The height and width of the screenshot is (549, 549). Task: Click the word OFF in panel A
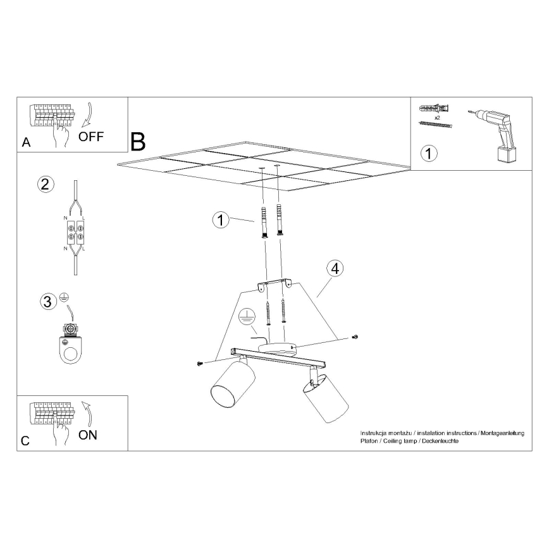tap(91, 136)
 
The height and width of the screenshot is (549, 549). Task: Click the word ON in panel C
tap(88, 435)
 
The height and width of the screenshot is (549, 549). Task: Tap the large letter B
tap(138, 142)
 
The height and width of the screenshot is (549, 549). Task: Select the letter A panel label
tap(27, 142)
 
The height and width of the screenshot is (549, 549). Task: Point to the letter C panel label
tap(25, 441)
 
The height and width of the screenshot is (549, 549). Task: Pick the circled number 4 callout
tap(335, 269)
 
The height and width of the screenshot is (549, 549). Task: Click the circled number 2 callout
tap(46, 184)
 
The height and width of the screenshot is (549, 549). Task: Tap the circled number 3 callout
tap(48, 302)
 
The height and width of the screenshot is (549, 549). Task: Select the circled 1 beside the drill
tap(429, 153)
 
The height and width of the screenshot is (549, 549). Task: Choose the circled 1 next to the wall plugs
tap(221, 220)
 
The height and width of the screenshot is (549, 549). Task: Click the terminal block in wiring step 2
tap(76, 233)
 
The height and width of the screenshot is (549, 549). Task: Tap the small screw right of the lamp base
tap(355, 337)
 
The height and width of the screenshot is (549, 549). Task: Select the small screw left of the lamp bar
tap(200, 364)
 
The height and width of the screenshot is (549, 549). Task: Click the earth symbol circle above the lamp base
tap(247, 318)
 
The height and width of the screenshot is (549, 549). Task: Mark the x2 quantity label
tap(437, 118)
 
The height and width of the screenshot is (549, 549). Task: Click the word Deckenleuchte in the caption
tap(440, 441)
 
